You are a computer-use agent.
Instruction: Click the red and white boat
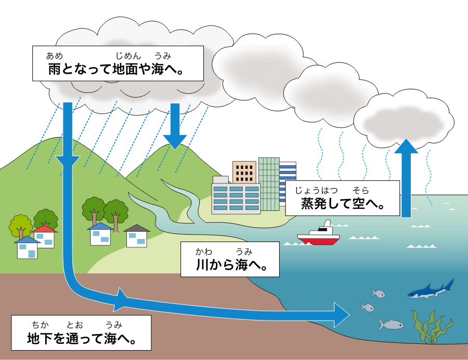tap(318, 234)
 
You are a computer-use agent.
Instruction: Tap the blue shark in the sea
tap(431, 289)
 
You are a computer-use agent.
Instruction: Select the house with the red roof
tap(45, 236)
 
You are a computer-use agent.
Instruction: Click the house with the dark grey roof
tap(137, 236)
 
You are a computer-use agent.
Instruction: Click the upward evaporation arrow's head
tap(406, 146)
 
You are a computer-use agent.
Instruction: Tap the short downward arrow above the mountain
tap(175, 126)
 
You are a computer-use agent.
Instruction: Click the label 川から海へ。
tap(230, 259)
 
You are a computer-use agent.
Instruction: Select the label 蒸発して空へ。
tap(342, 198)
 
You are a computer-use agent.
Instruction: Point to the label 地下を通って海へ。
tap(81, 332)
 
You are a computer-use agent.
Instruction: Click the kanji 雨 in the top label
tap(54, 69)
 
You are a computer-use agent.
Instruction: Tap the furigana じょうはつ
tap(316, 190)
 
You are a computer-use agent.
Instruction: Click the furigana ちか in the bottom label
tap(40, 325)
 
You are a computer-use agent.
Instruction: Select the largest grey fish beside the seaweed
tap(391, 324)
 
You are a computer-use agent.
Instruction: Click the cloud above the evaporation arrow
tap(404, 119)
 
